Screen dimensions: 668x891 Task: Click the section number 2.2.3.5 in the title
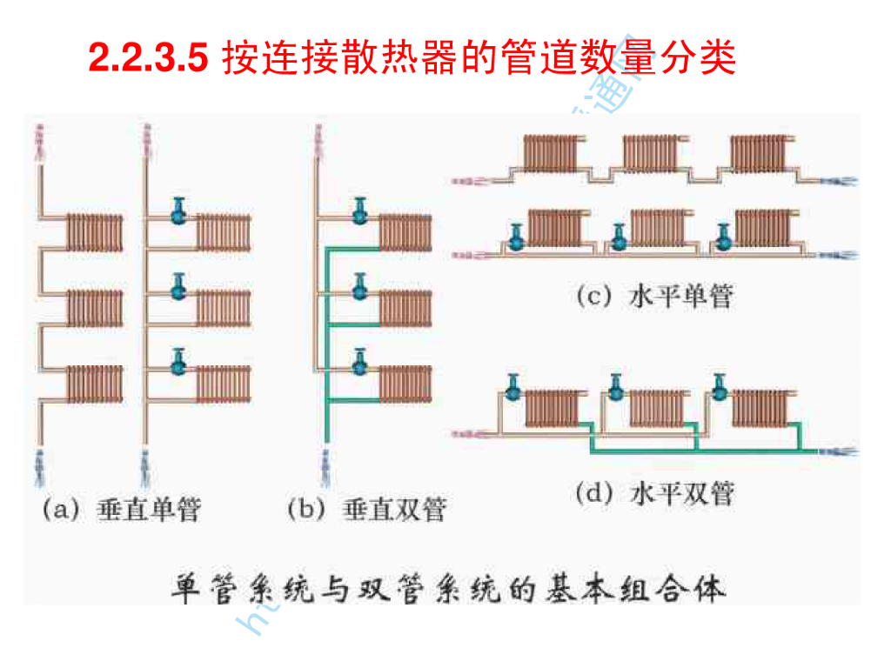pyautogui.click(x=148, y=59)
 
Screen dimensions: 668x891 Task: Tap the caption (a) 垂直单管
pyautogui.click(x=121, y=509)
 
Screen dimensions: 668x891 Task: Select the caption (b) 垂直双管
pyautogui.click(x=366, y=509)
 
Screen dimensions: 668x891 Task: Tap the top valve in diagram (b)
pyautogui.click(x=359, y=210)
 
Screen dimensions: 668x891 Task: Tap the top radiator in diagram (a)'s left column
pyautogui.click(x=95, y=230)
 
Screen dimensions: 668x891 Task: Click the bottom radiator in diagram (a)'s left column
pyautogui.click(x=95, y=382)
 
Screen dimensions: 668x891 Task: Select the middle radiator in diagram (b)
pyautogui.click(x=405, y=306)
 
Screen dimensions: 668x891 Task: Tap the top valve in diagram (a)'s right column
pyautogui.click(x=179, y=210)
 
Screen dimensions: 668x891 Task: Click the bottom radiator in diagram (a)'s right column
pyautogui.click(x=223, y=383)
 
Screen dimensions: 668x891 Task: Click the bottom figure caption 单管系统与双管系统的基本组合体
pyautogui.click(x=445, y=588)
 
